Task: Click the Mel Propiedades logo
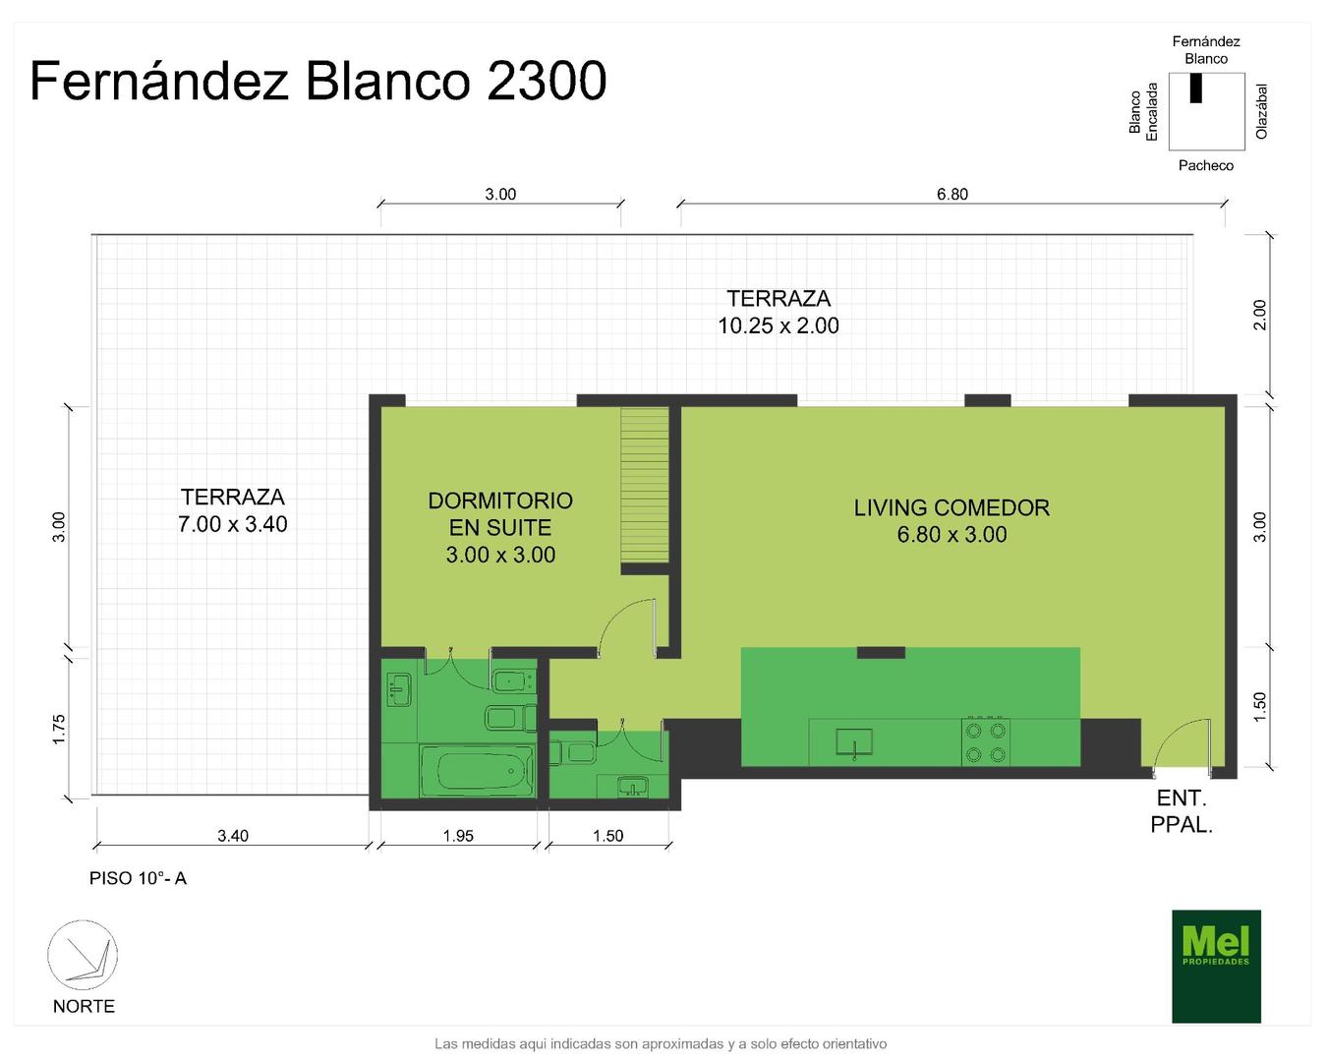tap(1216, 966)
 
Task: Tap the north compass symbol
tap(83, 955)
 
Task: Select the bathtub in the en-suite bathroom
tap(477, 771)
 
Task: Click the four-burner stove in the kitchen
tap(985, 741)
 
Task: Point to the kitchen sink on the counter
tap(854, 741)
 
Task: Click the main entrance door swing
tap(1182, 743)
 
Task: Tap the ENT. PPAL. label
tap(1182, 811)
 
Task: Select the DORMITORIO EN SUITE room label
tap(500, 528)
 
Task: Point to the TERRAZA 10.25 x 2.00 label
tap(779, 313)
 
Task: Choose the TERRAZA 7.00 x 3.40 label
tap(233, 510)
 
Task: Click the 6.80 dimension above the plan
tap(952, 195)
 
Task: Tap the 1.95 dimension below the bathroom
tap(458, 836)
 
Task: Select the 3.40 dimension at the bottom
tap(233, 836)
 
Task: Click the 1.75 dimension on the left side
tap(59, 730)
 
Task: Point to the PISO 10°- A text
tap(139, 878)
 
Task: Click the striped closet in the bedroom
tap(645, 485)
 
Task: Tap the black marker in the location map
tap(1196, 88)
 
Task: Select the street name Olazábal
tap(1262, 112)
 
